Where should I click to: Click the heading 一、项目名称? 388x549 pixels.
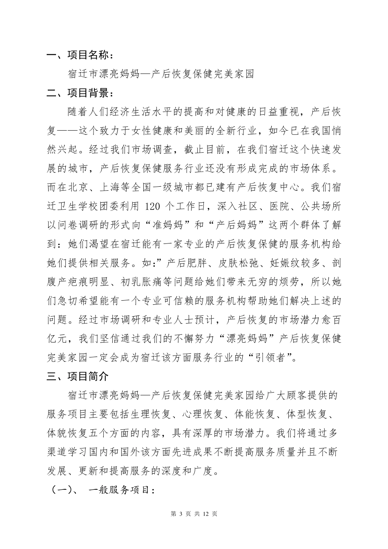tap(78, 55)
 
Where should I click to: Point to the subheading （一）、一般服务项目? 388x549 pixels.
tap(102, 489)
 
